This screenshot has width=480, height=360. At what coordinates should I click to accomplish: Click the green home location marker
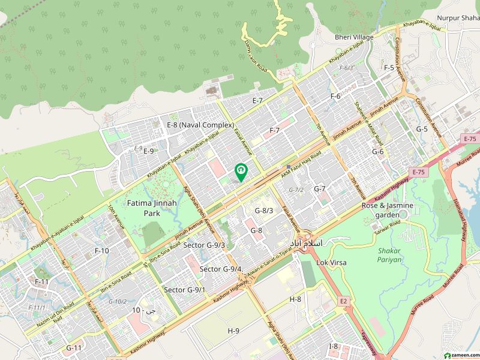point(241,172)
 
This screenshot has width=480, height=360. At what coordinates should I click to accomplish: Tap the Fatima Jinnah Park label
point(152,208)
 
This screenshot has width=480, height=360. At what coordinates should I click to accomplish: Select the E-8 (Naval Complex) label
point(200,125)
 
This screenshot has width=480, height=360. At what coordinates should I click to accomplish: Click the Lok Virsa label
point(331,262)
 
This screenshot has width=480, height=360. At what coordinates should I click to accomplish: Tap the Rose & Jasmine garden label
point(387,209)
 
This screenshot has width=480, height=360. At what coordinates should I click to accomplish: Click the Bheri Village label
point(354,37)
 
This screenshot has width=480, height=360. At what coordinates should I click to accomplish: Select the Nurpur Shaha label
point(458,18)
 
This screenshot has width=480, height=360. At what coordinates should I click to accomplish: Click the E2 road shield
point(343,301)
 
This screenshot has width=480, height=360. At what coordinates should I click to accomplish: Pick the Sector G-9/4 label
point(222,269)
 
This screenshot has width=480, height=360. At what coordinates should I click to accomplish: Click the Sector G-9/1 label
point(185,290)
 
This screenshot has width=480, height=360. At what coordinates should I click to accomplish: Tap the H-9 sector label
point(233,331)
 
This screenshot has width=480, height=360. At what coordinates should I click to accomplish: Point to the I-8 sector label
point(334,346)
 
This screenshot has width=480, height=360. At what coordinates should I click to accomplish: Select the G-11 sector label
point(74,347)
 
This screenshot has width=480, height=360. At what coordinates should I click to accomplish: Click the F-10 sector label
point(102,250)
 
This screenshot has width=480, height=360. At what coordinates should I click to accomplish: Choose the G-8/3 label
point(264,211)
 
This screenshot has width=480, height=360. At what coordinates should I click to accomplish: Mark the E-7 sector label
point(258,100)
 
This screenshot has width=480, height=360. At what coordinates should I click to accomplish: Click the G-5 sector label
point(422,129)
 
